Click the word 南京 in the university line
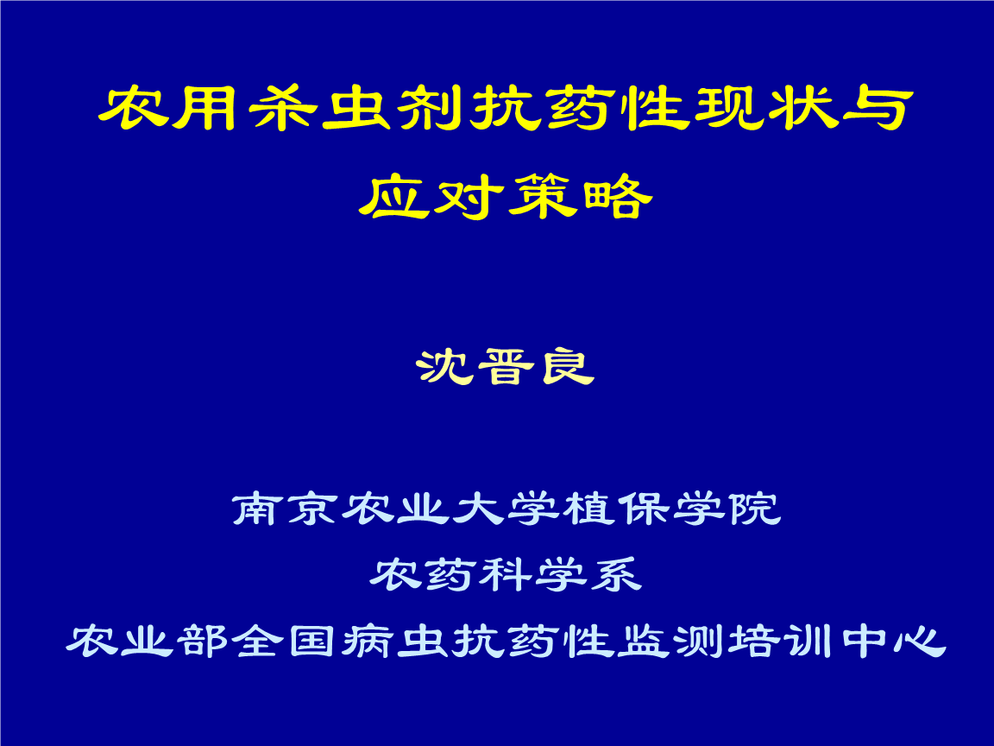tap(286, 509)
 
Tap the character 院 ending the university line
tap(754, 509)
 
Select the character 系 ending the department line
tap(615, 575)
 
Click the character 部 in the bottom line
tap(202, 642)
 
